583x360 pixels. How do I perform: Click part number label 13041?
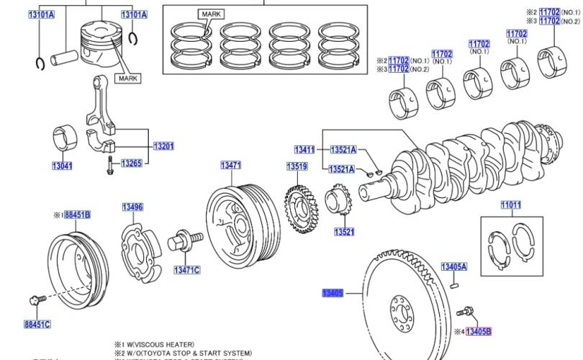pos(62,166)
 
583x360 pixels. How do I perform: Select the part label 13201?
pos(163,146)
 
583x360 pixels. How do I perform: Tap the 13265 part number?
pos(131,163)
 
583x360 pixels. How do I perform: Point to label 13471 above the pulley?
pos(230,166)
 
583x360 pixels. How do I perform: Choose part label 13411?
pos(304,149)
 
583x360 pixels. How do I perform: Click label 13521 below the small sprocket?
pos(343,232)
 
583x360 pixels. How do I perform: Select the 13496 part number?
pos(132,207)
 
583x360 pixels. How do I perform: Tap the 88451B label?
pos(77,215)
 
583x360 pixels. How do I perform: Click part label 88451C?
pos(37,325)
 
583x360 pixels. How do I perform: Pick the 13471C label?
pos(186,270)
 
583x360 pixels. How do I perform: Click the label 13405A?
pos(454,266)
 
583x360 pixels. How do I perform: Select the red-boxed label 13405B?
pos(478,331)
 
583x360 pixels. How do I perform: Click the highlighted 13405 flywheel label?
pos(333,293)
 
